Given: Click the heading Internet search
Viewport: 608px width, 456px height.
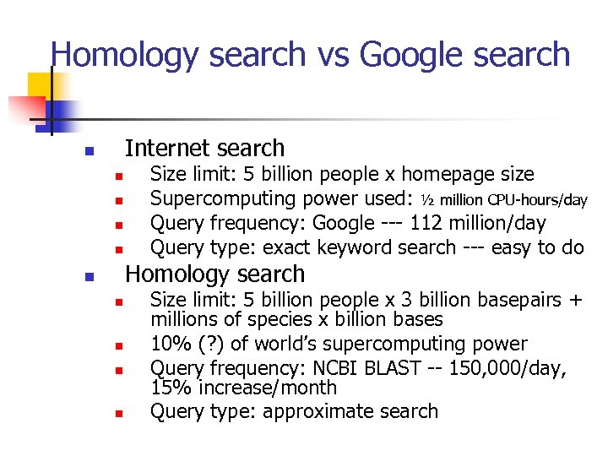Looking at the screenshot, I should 204,149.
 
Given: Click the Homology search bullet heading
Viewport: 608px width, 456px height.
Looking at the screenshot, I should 214,274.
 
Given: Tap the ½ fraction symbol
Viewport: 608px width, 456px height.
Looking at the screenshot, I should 427,200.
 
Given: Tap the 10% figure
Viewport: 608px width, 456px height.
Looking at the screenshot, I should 167,345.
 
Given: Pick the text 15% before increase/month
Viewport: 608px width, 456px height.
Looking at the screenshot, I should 167,388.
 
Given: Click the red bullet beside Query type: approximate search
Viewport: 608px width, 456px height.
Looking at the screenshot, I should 120,414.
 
